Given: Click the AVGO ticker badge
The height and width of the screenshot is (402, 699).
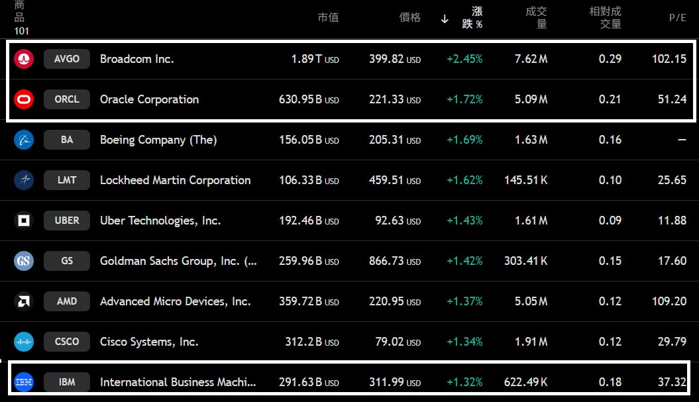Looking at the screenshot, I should (66, 59).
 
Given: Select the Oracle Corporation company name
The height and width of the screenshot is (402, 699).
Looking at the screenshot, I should (149, 99).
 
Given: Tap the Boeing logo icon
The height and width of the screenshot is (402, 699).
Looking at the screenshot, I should (24, 140).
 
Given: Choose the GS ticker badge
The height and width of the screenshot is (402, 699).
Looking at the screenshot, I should (66, 261).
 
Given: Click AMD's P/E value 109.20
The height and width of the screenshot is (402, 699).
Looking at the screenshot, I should (669, 301).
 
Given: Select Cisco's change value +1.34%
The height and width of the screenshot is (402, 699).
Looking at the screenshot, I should (464, 342).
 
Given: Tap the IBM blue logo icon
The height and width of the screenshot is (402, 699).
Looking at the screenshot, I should (24, 382).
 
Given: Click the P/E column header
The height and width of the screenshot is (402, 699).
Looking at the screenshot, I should (677, 18).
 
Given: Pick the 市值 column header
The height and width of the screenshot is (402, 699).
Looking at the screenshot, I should (328, 18).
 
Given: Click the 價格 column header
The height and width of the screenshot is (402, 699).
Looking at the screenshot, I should (409, 18).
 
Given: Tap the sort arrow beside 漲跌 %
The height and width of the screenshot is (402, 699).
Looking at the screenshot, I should (445, 19).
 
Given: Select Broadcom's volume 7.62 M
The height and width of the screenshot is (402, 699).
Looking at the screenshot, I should (531, 59).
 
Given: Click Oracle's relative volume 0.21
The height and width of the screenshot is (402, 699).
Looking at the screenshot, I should (610, 99).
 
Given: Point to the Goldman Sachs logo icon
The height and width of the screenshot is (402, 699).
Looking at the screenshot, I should (24, 261).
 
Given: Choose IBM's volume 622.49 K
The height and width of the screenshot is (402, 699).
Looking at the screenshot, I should (525, 382).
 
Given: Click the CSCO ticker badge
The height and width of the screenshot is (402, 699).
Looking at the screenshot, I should (66, 342).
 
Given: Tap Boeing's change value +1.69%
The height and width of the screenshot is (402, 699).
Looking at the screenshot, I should (464, 140).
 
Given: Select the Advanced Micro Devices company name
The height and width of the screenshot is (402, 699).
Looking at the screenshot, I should (175, 301).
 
